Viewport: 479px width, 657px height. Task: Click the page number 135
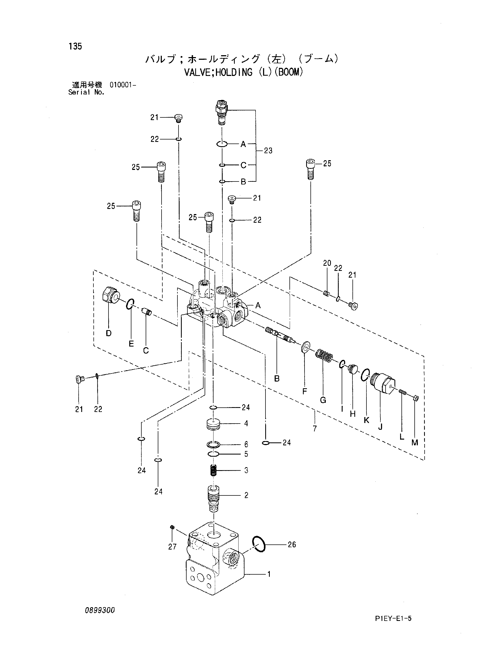click(x=75, y=46)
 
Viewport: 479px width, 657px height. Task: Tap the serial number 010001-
click(x=123, y=85)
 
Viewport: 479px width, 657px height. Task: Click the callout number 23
click(x=268, y=151)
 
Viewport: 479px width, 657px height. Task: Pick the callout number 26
click(x=292, y=544)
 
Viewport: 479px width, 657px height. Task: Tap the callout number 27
click(x=172, y=547)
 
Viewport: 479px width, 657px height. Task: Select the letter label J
click(x=380, y=427)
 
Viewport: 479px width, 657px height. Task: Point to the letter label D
click(x=109, y=333)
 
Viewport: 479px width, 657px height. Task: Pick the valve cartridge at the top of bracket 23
click(x=222, y=113)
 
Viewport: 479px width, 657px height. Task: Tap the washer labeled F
click(x=305, y=347)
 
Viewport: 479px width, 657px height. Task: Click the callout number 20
click(x=327, y=263)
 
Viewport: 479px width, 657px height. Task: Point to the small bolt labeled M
click(x=415, y=399)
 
